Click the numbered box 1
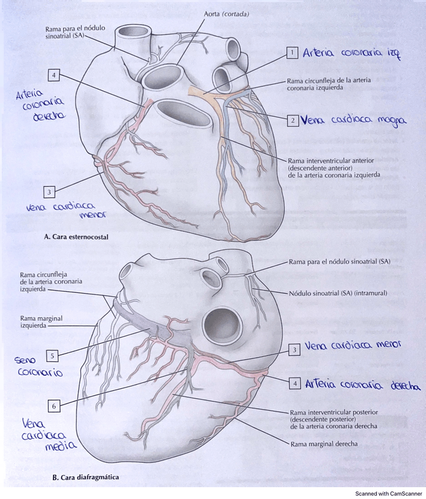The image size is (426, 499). [291, 54]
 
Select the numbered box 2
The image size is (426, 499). [291, 120]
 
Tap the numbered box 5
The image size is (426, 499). [53, 355]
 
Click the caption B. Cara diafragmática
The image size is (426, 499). [81, 477]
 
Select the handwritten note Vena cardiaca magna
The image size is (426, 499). [353, 121]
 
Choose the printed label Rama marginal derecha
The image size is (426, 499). [324, 443]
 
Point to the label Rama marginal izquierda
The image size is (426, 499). [41, 322]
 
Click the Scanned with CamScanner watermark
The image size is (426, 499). [388, 493]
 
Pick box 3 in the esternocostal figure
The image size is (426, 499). [51, 191]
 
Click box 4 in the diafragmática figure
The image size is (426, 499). [296, 383]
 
